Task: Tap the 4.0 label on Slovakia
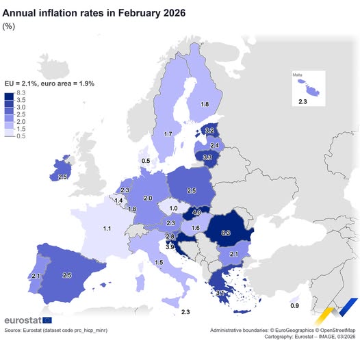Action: (x=196, y=212)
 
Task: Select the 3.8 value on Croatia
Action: (x=170, y=246)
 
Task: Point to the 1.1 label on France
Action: (x=107, y=228)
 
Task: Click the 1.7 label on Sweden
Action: (x=168, y=134)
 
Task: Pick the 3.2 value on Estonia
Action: (x=209, y=131)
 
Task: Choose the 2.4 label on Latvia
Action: (x=214, y=145)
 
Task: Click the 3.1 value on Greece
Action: (x=220, y=294)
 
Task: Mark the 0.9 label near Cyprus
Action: (x=294, y=305)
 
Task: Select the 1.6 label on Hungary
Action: (x=195, y=228)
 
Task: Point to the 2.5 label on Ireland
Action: (x=62, y=177)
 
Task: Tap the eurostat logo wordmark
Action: (x=22, y=320)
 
